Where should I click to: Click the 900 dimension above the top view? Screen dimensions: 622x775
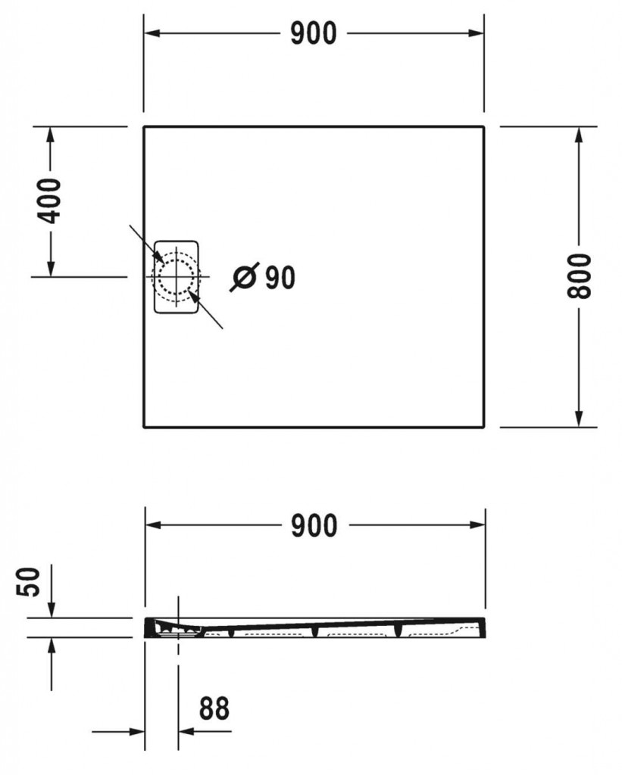314,33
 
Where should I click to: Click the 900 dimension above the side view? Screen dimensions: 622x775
314,525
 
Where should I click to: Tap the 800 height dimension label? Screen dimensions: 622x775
579,276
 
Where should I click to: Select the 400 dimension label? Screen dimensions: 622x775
50,201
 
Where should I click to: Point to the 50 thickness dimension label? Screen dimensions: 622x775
29,583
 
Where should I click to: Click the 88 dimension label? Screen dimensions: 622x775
214,708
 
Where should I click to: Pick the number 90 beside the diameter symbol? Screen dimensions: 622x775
280,278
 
